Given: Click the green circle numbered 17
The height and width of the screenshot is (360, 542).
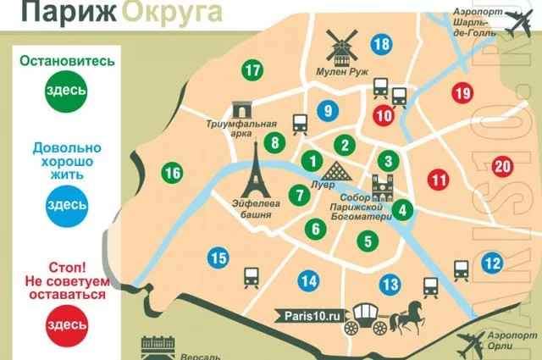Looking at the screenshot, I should click(x=252, y=71).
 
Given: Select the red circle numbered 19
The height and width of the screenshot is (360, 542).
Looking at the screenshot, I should click(x=462, y=93).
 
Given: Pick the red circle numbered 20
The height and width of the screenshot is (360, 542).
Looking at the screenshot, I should click(x=502, y=166).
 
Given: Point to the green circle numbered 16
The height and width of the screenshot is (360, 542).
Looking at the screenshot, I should click(x=173, y=174).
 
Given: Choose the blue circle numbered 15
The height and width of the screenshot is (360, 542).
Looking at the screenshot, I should click(x=218, y=258).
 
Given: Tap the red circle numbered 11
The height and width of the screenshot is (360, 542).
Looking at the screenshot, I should click(x=438, y=180).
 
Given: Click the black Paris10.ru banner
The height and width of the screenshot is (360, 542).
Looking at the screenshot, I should click(x=310, y=316).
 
